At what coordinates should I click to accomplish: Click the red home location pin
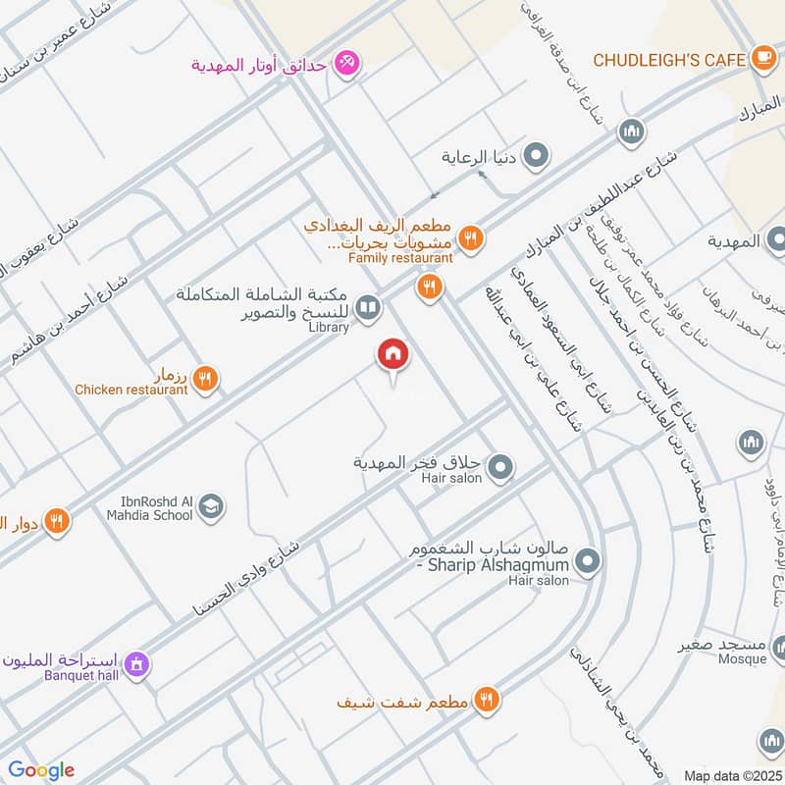click(x=392, y=354)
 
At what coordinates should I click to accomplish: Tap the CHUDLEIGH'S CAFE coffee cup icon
click(x=762, y=59)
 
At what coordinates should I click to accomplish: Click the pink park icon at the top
click(x=345, y=66)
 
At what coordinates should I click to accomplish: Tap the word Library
click(x=329, y=328)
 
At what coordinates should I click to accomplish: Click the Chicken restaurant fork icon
click(x=205, y=377)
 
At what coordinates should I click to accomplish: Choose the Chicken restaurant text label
click(x=131, y=390)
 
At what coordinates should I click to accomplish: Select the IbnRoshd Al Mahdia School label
click(x=146, y=507)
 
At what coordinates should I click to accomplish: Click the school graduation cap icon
click(x=210, y=507)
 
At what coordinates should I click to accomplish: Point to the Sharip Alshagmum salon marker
click(x=587, y=562)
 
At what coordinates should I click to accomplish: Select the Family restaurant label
click(x=401, y=258)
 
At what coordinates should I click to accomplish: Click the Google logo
click(x=41, y=770)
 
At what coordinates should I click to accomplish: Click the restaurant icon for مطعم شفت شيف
click(x=486, y=700)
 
